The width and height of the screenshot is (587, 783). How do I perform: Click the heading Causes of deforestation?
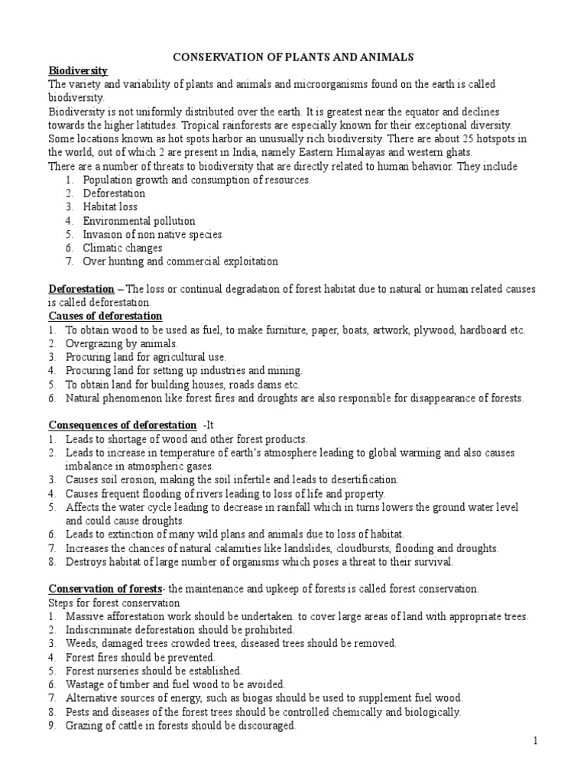(105, 316)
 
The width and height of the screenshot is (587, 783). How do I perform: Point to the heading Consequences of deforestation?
(122, 424)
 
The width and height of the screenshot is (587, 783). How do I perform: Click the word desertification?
(362, 479)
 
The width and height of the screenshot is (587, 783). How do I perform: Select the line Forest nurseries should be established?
(153, 671)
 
